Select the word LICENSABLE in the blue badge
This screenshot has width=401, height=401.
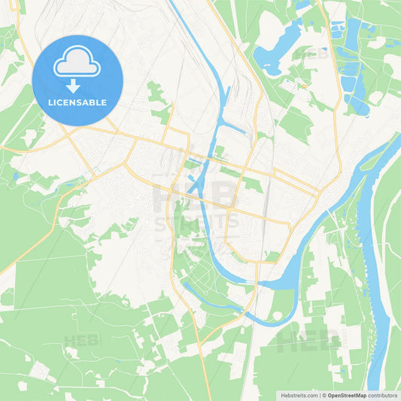[x=77, y=102]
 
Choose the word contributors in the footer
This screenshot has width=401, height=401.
[x=382, y=395]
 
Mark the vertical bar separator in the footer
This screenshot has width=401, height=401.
[x=322, y=395]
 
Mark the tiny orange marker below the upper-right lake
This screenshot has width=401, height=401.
[x=301, y=87]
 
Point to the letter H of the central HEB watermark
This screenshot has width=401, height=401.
[x=167, y=194]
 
